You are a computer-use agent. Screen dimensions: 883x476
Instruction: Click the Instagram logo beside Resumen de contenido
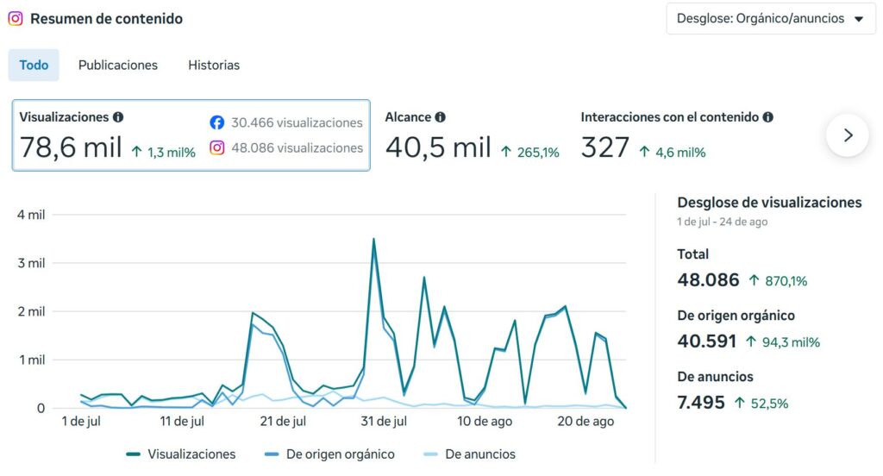[16, 19]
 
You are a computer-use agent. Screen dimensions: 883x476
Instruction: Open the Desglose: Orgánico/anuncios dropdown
[770, 19]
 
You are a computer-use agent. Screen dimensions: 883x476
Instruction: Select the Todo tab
[34, 65]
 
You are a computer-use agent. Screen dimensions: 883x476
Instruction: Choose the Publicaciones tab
[117, 65]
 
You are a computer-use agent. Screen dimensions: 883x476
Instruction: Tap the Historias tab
[214, 65]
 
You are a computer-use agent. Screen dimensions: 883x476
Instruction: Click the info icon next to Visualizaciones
[117, 117]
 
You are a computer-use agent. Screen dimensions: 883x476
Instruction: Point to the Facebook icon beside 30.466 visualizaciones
[216, 122]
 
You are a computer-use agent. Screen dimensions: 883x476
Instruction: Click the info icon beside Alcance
[440, 117]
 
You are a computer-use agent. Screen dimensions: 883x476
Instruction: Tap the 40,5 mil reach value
[438, 147]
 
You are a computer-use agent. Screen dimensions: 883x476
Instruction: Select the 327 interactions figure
[604, 147]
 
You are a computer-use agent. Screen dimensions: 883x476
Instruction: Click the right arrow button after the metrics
[848, 135]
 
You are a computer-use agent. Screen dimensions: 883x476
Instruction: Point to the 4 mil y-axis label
[31, 215]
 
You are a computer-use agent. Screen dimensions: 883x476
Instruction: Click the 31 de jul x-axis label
[384, 422]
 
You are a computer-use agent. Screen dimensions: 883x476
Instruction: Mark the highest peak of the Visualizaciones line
[373, 239]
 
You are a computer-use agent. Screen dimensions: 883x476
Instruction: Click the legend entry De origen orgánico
[329, 454]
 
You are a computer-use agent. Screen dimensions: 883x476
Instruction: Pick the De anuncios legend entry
[470, 454]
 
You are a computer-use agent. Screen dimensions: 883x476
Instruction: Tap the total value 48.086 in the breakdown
[708, 280]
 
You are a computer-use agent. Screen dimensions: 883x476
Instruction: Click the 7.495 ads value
[701, 402]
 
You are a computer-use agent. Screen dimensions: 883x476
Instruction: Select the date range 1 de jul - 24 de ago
[723, 222]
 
